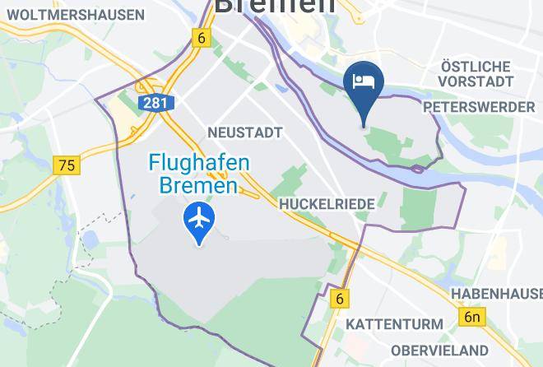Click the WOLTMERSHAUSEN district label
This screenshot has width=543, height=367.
[x=74, y=15]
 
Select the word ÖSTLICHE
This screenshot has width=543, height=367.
[x=476, y=66]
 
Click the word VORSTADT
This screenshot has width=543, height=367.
[x=476, y=81]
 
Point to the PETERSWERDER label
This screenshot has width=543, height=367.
[x=477, y=107]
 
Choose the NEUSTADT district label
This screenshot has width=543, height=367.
[x=245, y=132]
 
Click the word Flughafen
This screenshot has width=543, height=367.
[x=199, y=164]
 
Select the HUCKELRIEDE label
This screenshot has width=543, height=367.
[x=327, y=203]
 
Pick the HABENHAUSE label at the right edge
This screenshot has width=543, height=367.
[x=496, y=294]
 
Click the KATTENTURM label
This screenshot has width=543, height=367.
[x=393, y=324]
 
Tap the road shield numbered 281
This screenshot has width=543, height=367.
[x=151, y=103]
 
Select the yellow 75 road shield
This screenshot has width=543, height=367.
[x=67, y=165]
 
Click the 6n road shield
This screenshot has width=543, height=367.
[x=471, y=317]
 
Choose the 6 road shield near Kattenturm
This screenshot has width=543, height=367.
[x=339, y=299]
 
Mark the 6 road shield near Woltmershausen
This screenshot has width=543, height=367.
[x=200, y=38]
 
